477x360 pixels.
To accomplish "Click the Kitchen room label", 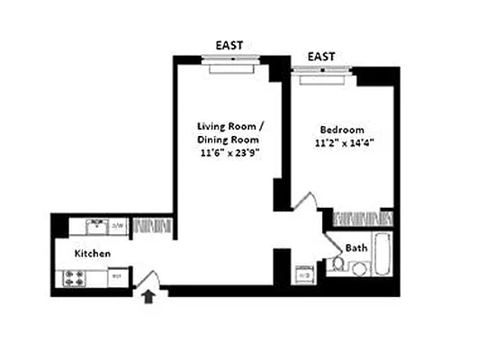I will coord(93,254).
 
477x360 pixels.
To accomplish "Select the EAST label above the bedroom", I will coord(321,57).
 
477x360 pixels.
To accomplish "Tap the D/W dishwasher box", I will coord(119,225).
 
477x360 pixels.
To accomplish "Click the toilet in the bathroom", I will coord(337,264).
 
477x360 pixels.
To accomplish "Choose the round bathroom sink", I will coord(360,267).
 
